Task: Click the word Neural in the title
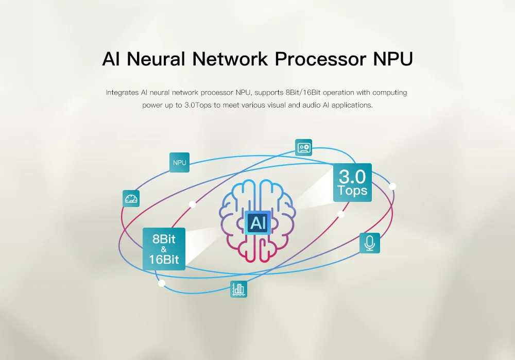[156, 59]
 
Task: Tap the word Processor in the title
[320, 59]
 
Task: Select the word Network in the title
[230, 59]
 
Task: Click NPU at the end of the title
[393, 59]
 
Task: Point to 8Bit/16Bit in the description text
[303, 93]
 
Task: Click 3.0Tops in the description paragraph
[198, 105]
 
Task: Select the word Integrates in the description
[122, 93]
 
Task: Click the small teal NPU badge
[179, 162]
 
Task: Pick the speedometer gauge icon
[131, 198]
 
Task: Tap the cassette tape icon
[303, 147]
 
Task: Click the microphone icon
[369, 243]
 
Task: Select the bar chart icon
[238, 289]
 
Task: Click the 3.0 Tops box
[352, 182]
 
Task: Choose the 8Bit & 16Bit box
[164, 249]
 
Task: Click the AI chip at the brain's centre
[258, 222]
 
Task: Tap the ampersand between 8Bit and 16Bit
[164, 250]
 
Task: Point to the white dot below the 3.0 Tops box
[341, 214]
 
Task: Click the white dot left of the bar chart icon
[162, 283]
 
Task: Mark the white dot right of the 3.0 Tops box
[392, 186]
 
